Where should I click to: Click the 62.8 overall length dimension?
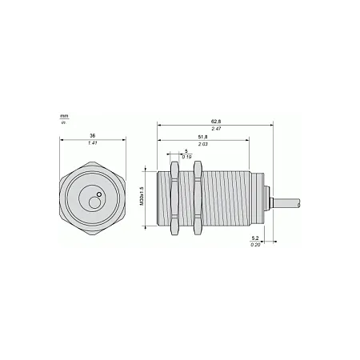tap(216, 122)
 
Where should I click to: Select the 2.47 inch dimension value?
tap(216, 129)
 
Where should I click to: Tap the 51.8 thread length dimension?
tap(202, 137)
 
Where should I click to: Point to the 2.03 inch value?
tap(202, 144)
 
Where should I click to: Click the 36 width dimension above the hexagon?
tap(93, 136)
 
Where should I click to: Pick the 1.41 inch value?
tap(93, 143)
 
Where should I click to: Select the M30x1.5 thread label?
tap(142, 196)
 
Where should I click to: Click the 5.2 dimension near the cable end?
tap(255, 238)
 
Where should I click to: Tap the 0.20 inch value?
tap(255, 244)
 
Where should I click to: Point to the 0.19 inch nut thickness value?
tap(186, 157)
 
